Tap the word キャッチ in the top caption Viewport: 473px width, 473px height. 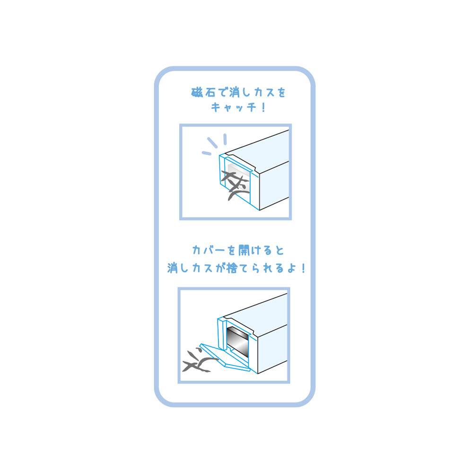pos(233,107)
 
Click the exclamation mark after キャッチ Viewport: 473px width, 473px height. pos(263,107)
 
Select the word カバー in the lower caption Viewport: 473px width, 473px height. pos(209,250)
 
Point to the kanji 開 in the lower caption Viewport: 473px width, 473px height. pos(244,250)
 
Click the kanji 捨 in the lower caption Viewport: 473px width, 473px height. pos(232,268)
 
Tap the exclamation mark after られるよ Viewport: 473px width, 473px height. pos(303,268)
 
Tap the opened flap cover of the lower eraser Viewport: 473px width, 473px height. pos(225,358)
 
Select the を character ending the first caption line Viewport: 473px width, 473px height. pos(281,92)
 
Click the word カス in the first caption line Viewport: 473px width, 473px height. pos(264,92)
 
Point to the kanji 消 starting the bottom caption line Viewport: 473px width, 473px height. pos(173,268)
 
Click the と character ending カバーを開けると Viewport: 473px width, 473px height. pos(280,250)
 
